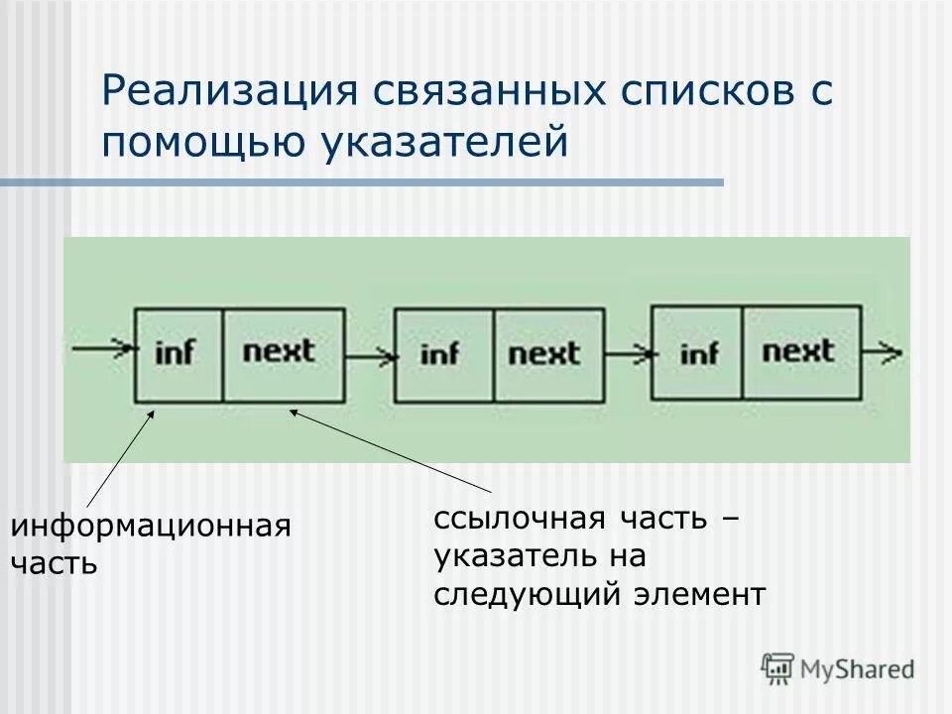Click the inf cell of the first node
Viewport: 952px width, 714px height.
[x=178, y=352]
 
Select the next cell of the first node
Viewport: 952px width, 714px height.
[x=284, y=352]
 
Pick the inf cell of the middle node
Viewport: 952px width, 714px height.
[x=442, y=353]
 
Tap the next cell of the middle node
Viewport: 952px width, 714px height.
[x=548, y=353]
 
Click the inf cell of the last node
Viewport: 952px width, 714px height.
[x=697, y=352]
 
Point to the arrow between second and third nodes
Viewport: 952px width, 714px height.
[x=627, y=353]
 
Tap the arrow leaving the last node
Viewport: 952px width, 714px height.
[x=882, y=351]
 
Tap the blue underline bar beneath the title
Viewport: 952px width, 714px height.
[x=362, y=182]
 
